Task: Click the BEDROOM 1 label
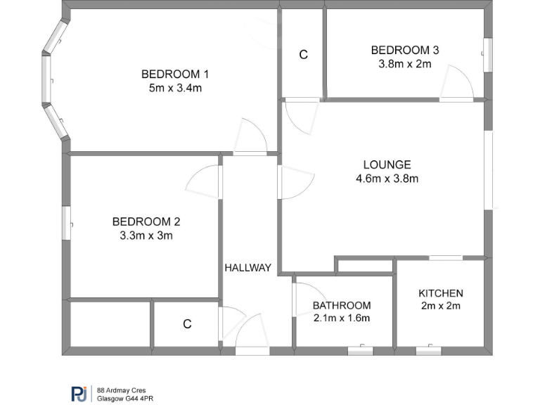pyautogui.click(x=175, y=74)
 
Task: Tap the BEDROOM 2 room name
pyautogui.click(x=146, y=221)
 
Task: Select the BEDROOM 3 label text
pyautogui.click(x=405, y=50)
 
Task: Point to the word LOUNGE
pyautogui.click(x=387, y=165)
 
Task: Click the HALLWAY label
pyautogui.click(x=247, y=267)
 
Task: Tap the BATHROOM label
pyautogui.click(x=342, y=305)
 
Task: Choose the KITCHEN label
pyautogui.click(x=441, y=293)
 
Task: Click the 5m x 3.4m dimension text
pyautogui.click(x=175, y=88)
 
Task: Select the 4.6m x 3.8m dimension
pyautogui.click(x=387, y=179)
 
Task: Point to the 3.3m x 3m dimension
pyautogui.click(x=146, y=236)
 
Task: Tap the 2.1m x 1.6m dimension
pyautogui.click(x=342, y=318)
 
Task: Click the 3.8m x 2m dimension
pyautogui.click(x=405, y=63)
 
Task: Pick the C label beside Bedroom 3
pyautogui.click(x=304, y=55)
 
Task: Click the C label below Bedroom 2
pyautogui.click(x=187, y=324)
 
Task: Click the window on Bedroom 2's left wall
pyautogui.click(x=68, y=223)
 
